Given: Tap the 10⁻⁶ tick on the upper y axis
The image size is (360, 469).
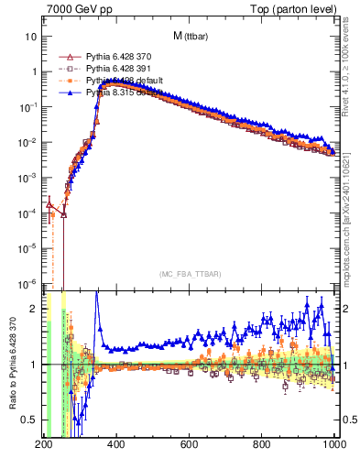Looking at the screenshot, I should click(27, 283).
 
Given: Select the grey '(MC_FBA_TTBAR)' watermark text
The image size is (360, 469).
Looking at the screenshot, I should click(189, 274).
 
